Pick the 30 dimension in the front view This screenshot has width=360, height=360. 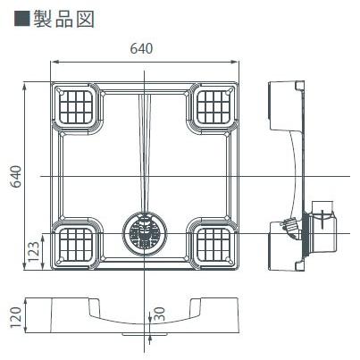tap(159, 315)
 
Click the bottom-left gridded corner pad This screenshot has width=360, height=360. tap(78, 244)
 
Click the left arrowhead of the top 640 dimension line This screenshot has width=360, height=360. tap(52, 62)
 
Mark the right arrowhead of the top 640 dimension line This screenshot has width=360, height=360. tap(241, 62)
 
